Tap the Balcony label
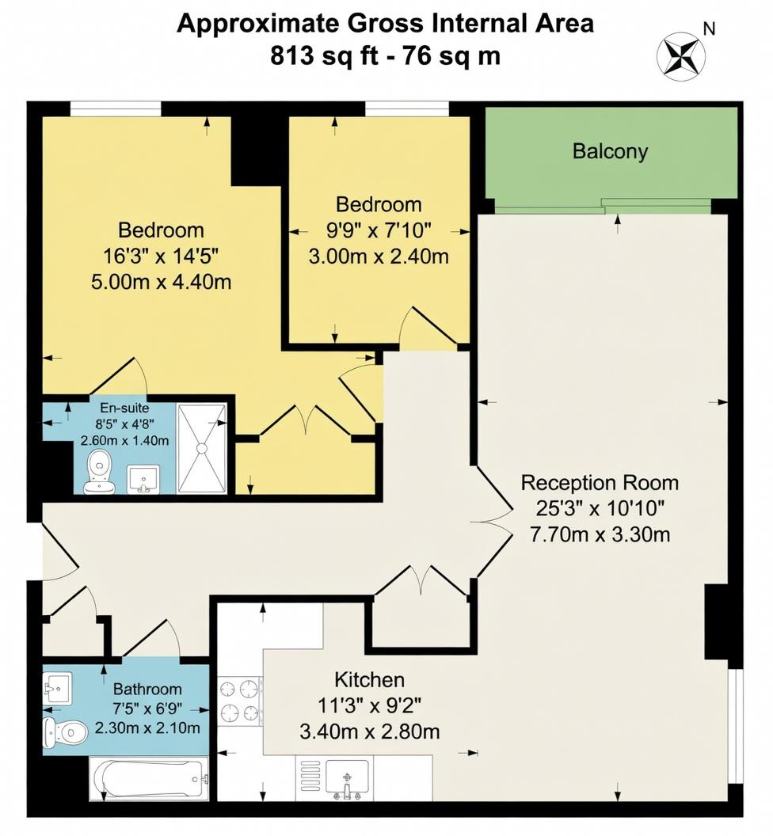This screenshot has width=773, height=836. pos(610,151)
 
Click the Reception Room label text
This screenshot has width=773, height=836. pos(600,482)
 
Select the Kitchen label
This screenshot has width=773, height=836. pos(370,679)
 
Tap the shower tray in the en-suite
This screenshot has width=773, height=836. pos(202,448)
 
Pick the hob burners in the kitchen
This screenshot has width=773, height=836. pos(240,699)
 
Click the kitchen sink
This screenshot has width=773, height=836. pos(347,777)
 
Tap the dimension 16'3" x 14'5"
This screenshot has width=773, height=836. pos(161,256)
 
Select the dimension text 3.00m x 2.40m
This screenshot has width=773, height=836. pos(379,256)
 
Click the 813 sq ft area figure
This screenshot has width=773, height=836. pos(317,56)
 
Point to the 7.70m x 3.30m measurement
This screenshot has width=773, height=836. pos(600,534)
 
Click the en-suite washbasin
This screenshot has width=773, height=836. pos(143,478)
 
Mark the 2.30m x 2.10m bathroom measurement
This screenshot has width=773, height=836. pos(147,728)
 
